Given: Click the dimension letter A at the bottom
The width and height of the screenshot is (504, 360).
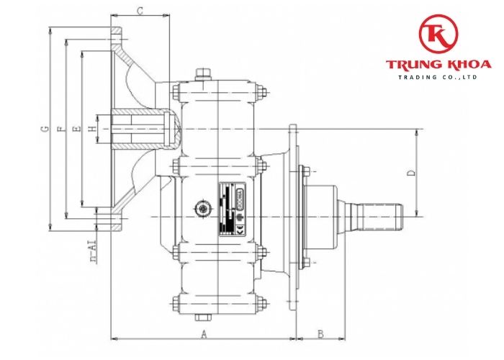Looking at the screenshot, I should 203,334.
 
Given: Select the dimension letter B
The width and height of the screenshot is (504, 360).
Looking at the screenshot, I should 321,333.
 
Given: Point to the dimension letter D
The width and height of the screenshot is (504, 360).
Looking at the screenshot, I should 411,173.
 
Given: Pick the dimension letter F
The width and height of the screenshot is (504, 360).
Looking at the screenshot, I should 60,129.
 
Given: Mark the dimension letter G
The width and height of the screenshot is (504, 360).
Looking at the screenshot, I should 45,129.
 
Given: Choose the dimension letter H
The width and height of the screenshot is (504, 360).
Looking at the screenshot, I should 91,129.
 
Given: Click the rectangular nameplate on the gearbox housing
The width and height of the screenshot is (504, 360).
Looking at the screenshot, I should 233,208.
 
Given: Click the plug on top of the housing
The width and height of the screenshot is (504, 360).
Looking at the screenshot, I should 203,71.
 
